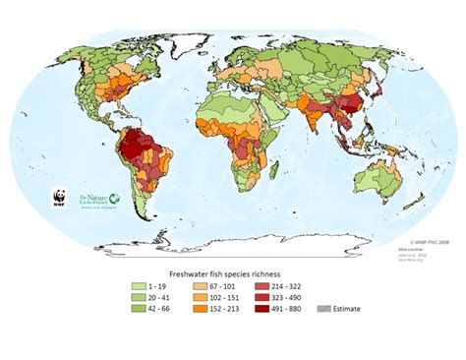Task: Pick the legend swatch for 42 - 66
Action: (x=141, y=309)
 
